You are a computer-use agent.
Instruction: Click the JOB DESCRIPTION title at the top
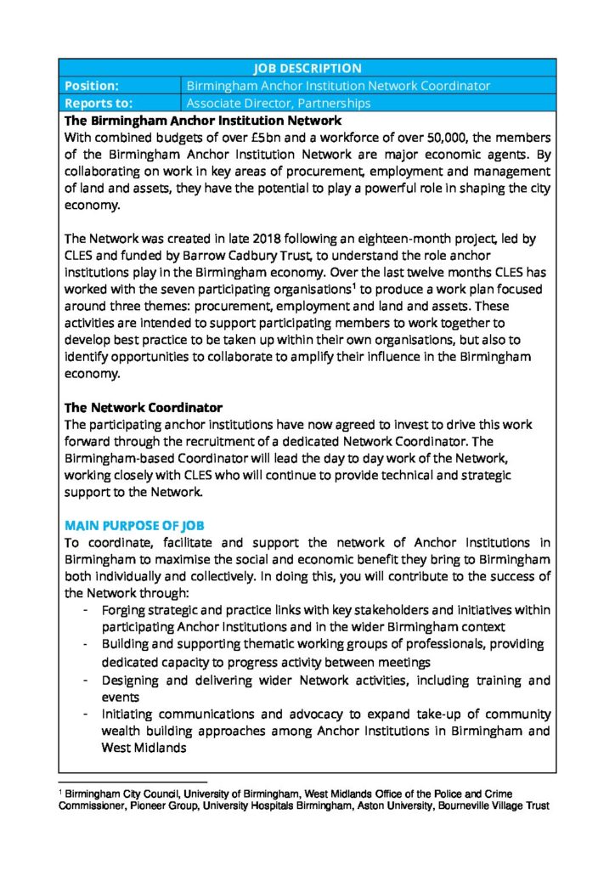point(307,68)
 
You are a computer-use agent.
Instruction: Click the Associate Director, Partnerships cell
point(279,104)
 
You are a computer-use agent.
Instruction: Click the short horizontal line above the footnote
point(133,782)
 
